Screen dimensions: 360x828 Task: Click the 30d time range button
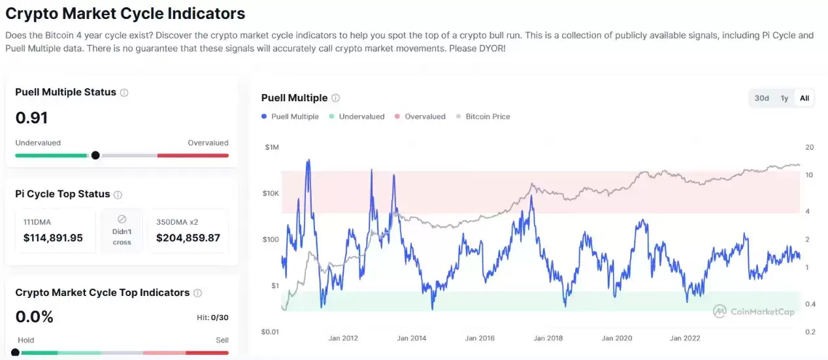click(x=761, y=98)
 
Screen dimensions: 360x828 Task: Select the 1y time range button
click(x=784, y=98)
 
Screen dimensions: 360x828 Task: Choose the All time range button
click(x=804, y=98)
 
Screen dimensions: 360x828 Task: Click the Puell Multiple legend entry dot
click(x=264, y=116)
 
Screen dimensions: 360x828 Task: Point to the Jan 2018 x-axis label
click(x=548, y=338)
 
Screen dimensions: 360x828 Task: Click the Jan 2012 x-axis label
click(x=343, y=338)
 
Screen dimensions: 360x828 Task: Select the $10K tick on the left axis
click(x=271, y=193)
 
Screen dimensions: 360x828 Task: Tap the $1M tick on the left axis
click(x=271, y=147)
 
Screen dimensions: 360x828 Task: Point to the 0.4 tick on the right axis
click(x=810, y=304)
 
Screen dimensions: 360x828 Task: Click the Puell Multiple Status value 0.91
click(x=31, y=118)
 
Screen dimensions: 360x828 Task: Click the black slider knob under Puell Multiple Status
click(x=95, y=155)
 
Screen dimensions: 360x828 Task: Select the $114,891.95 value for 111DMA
click(x=53, y=238)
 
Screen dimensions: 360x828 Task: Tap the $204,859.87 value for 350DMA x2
click(x=188, y=238)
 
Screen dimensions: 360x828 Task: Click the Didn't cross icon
click(x=122, y=220)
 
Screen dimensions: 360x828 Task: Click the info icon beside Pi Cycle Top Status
click(x=118, y=195)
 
